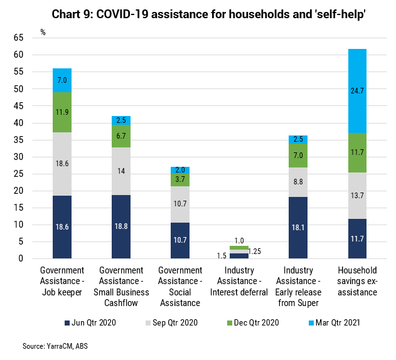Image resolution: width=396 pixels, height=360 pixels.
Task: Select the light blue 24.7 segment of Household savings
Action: point(357,91)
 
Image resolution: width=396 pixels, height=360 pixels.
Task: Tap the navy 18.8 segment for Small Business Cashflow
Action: point(121,226)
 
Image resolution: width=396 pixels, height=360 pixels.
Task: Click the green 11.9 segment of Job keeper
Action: point(62,112)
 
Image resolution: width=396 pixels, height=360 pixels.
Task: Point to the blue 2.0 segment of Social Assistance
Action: point(180,170)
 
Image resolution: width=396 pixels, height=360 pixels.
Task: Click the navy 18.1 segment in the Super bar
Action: point(298,228)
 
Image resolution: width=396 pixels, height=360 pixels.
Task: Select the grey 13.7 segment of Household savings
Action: point(357,195)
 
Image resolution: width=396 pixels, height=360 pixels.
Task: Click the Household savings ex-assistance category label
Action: point(357,281)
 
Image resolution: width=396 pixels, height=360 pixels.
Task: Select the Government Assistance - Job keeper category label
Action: point(62,281)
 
